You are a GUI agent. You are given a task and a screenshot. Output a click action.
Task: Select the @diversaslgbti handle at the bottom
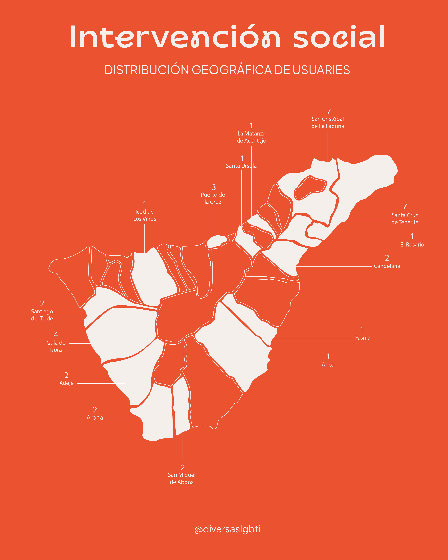click(x=227, y=529)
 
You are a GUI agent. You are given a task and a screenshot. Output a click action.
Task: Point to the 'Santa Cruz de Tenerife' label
click(x=405, y=219)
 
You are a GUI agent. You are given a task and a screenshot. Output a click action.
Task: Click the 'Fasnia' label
click(x=363, y=338)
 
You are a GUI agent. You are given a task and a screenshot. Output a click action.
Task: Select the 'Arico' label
click(x=328, y=365)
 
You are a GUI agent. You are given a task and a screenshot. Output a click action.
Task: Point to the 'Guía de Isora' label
click(x=56, y=346)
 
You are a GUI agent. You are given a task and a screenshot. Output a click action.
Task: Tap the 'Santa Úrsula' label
click(x=241, y=166)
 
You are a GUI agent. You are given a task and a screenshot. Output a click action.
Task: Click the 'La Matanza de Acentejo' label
click(x=251, y=137)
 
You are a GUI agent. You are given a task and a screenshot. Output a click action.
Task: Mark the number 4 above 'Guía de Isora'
click(x=56, y=335)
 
